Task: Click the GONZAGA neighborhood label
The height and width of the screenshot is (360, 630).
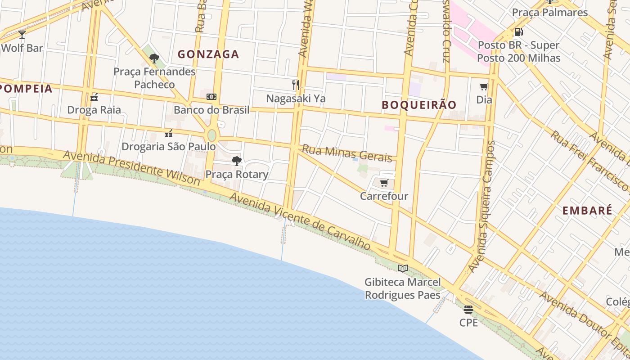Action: click(x=208, y=54)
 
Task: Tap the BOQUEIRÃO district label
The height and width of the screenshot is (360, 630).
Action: click(x=419, y=105)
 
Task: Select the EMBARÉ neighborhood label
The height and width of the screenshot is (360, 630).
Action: click(x=587, y=210)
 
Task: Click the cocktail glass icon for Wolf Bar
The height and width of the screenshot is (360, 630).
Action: click(x=22, y=35)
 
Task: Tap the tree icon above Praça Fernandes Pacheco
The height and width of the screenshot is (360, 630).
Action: click(x=154, y=58)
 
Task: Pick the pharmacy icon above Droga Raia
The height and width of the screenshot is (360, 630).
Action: click(x=94, y=97)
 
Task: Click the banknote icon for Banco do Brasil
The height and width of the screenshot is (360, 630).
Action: click(x=211, y=97)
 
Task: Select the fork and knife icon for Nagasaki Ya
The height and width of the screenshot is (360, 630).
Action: click(x=296, y=85)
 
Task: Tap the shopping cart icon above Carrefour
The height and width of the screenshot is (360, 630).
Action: click(x=384, y=183)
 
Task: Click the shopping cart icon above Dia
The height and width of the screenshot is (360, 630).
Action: click(x=484, y=86)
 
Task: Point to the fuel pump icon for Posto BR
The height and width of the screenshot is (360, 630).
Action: click(x=518, y=32)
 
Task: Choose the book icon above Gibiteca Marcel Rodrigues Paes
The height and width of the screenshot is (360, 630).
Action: click(x=402, y=269)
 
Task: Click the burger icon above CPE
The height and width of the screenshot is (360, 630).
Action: click(x=468, y=310)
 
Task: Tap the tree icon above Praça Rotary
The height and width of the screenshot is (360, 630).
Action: click(x=236, y=161)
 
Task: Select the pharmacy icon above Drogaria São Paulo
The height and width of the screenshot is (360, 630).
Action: click(x=169, y=133)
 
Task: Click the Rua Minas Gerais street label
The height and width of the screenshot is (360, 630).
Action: click(x=347, y=153)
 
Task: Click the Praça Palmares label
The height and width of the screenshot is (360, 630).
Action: click(x=550, y=12)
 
